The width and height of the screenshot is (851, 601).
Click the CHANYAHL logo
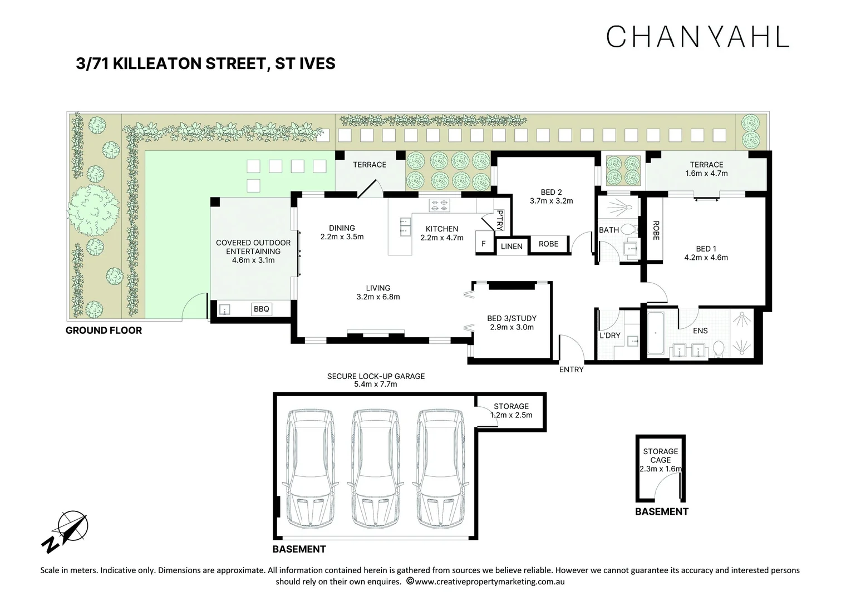(x=697, y=36)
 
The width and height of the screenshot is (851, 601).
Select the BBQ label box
(x=261, y=309)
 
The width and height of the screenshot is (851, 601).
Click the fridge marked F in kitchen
(x=483, y=244)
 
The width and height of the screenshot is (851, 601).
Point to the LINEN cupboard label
(x=511, y=246)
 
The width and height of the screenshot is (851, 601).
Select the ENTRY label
(x=571, y=370)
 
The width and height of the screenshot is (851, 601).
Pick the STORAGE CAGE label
(x=661, y=456)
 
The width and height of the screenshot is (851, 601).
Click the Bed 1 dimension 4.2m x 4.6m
(x=706, y=258)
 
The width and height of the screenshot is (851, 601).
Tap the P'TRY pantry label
(x=499, y=220)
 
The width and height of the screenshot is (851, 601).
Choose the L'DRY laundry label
(x=610, y=336)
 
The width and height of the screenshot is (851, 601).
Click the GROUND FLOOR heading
(x=104, y=331)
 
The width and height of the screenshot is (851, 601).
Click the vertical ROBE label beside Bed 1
(x=656, y=230)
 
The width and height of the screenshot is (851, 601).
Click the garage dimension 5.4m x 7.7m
(x=376, y=385)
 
